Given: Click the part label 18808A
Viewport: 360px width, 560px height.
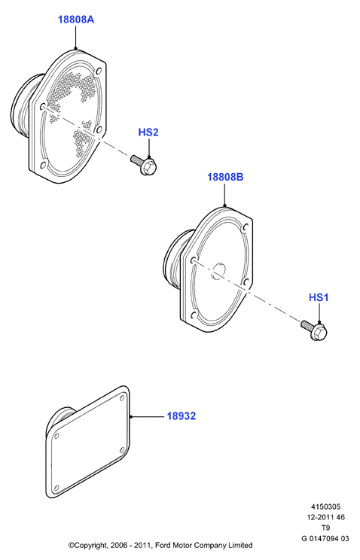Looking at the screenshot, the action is click(76, 20).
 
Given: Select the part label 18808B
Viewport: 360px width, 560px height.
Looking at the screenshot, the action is click(225, 177).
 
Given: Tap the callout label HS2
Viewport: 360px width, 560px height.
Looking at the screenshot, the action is click(148, 132).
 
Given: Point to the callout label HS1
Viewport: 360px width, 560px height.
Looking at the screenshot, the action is click(319, 297).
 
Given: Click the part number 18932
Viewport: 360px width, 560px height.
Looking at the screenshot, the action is click(182, 416).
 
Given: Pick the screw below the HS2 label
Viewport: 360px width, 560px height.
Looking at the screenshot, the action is click(144, 165).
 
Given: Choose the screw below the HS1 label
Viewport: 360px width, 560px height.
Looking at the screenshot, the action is click(314, 330).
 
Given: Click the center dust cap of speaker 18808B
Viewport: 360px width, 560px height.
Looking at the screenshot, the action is click(218, 271).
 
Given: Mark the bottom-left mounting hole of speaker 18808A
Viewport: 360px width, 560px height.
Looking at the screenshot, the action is click(44, 165).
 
